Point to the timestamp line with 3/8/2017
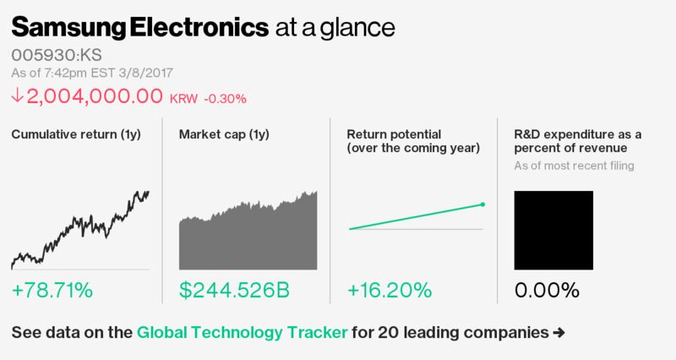pyautogui.click(x=93, y=74)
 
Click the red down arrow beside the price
pyautogui.click(x=18, y=97)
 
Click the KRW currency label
pyautogui.click(x=184, y=99)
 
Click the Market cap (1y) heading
pyautogui.click(x=223, y=135)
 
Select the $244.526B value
pyautogui.click(x=234, y=291)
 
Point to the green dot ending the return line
pyautogui.click(x=482, y=204)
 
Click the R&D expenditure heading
pyautogui.click(x=578, y=141)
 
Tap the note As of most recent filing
pyautogui.click(x=574, y=166)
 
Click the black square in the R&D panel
pyautogui.click(x=553, y=230)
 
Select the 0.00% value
pyautogui.click(x=547, y=291)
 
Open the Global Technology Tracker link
pyautogui.click(x=242, y=332)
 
